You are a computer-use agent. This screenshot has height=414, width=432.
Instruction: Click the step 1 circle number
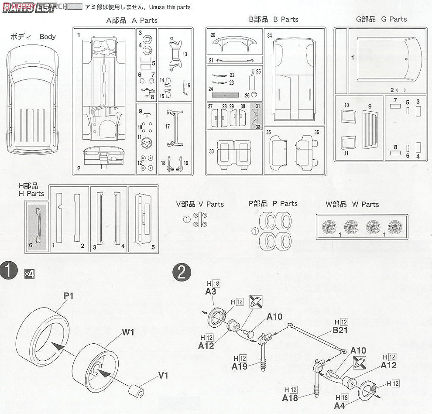click(x=10, y=272)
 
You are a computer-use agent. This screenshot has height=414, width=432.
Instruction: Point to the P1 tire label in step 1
click(x=69, y=296)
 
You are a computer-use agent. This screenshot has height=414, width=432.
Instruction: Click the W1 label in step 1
click(x=128, y=332)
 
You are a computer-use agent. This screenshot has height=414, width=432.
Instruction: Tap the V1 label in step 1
click(x=163, y=374)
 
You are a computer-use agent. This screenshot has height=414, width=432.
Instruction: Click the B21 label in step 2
click(x=339, y=330)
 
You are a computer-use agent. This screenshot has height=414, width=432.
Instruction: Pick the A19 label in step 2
click(x=240, y=366)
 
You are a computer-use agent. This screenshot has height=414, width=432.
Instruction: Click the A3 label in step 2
click(x=211, y=292)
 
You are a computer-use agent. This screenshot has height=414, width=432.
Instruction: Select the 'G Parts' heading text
click(x=381, y=19)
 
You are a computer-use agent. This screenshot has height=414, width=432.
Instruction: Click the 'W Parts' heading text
click(x=352, y=204)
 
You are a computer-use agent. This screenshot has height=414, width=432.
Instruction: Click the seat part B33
click(x=233, y=153)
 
